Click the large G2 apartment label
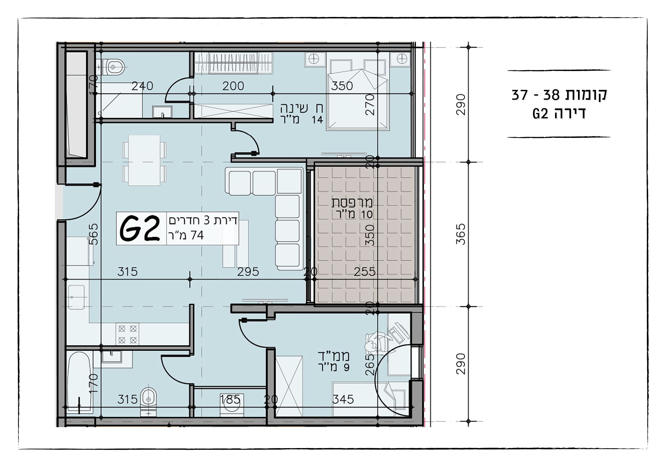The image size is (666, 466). pyautogui.click(x=139, y=228)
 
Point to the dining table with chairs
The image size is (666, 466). pyautogui.click(x=144, y=160)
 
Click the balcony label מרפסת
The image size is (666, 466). pyautogui.click(x=352, y=202)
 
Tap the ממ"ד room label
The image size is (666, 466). pyautogui.click(x=333, y=356)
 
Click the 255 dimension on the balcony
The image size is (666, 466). pyautogui.click(x=365, y=272)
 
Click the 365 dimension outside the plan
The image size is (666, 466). pyautogui.click(x=460, y=234)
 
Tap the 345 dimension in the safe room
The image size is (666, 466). pyautogui.click(x=343, y=399)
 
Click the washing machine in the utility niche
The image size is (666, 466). pyautogui.click(x=230, y=405)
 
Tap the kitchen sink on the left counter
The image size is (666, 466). pyautogui.click(x=77, y=297)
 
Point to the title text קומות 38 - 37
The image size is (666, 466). pyautogui.click(x=559, y=95)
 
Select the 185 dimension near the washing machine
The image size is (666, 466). pyautogui.click(x=230, y=399)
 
